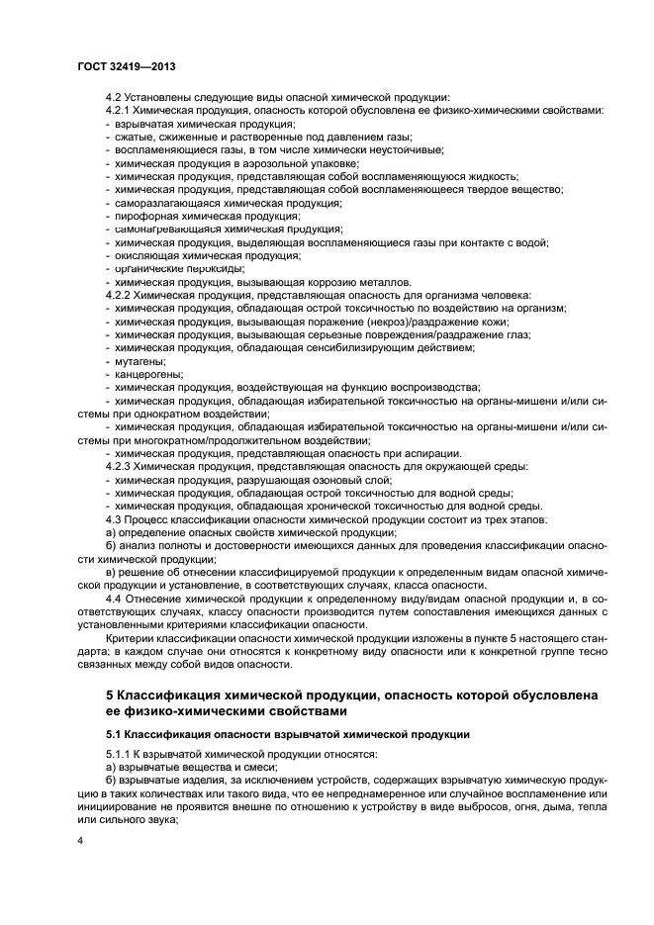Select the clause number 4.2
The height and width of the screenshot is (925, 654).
point(114,98)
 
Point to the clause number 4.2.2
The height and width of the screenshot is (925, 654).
point(119,295)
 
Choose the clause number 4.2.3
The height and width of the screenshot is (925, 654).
point(119,465)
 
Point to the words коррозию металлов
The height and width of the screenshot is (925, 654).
point(353,282)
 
